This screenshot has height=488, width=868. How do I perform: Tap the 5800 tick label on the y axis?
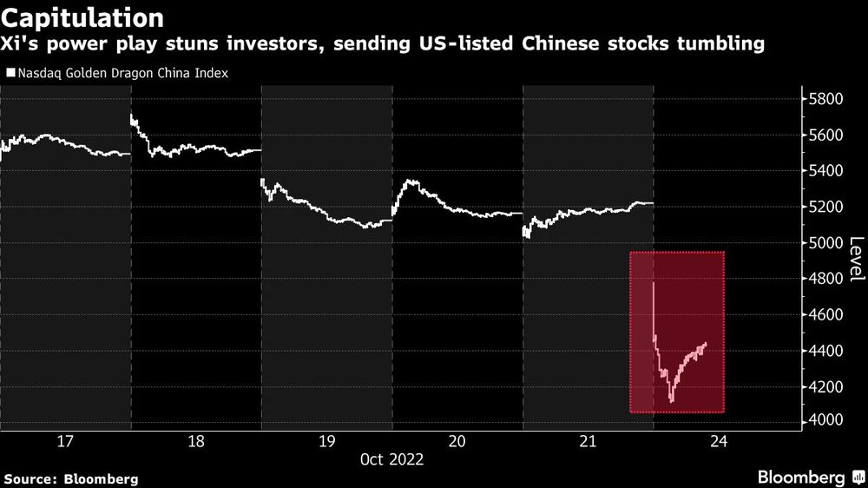[825, 100]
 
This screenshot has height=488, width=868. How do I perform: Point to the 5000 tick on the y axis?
[825, 242]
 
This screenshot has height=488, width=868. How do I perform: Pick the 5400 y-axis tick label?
[825, 171]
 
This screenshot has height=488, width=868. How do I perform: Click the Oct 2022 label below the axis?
[391, 460]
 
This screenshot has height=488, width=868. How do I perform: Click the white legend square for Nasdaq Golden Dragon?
[10, 74]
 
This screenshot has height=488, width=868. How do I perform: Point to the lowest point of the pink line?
[671, 401]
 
